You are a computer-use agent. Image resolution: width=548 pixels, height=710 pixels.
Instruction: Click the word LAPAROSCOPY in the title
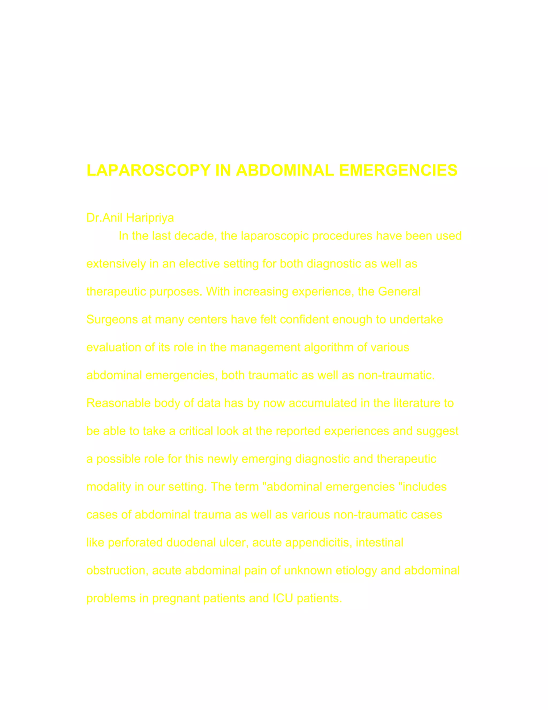coord(148,170)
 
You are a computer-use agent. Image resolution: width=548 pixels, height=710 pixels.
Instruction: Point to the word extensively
coord(116,264)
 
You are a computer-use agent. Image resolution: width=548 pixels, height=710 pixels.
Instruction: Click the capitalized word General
coord(399,292)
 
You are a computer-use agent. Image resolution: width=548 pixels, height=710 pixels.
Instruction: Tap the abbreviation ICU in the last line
coord(283,599)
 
